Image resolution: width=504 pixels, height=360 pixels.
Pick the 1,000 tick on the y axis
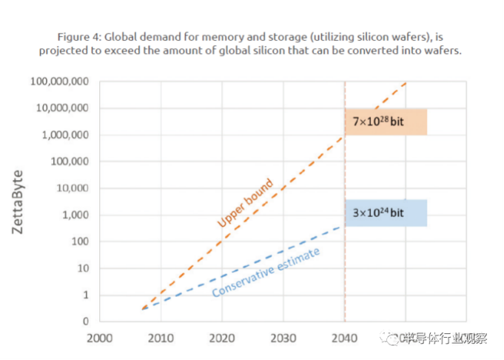tap(74, 215)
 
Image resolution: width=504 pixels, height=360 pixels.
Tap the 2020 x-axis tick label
tap(221, 339)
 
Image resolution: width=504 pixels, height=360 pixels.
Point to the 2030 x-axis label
tap(283, 339)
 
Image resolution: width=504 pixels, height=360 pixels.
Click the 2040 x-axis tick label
tap(344, 339)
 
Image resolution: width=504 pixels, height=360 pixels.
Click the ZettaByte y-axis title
tap(19, 202)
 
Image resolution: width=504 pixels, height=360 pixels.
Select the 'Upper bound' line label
tap(245, 202)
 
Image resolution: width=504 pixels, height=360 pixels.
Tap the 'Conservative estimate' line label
tap(266, 273)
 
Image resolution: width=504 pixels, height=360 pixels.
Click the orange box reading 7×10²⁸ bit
tap(386, 121)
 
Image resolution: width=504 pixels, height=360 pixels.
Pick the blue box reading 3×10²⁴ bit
tap(386, 213)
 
